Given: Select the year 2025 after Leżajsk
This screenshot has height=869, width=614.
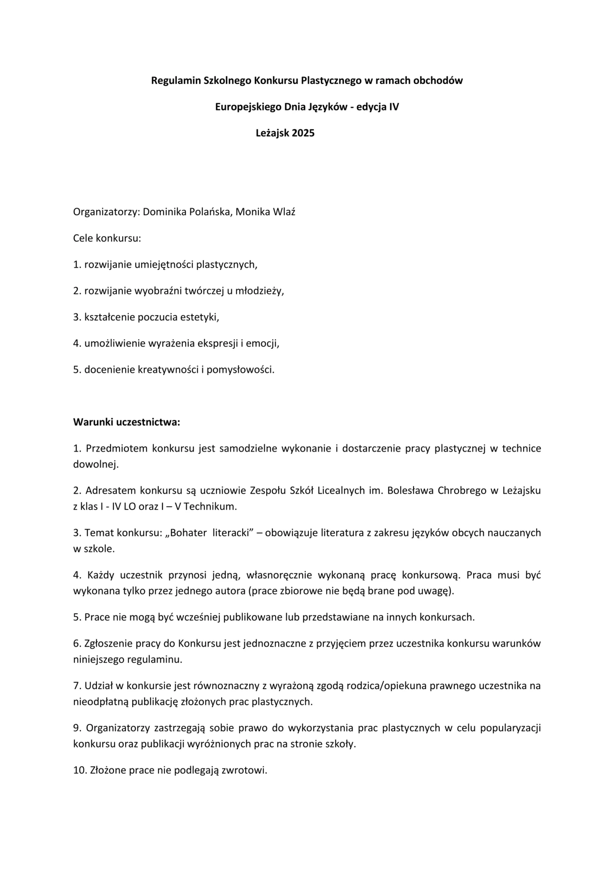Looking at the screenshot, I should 303,133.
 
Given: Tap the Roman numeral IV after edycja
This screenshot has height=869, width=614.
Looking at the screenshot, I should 394,107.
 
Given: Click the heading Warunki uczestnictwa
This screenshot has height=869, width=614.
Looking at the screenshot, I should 126,422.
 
